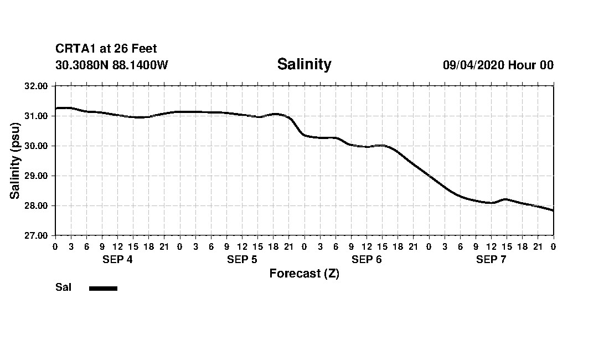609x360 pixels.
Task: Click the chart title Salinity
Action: tap(304, 64)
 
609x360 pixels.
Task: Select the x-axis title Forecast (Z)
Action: tap(304, 274)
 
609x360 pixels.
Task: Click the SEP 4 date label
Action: tap(117, 260)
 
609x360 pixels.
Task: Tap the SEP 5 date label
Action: tap(242, 260)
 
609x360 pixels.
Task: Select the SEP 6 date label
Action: tap(367, 260)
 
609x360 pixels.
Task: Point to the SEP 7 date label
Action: tap(491, 260)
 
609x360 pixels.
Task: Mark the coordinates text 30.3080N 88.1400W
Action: tap(111, 65)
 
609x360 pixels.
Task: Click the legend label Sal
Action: tap(63, 287)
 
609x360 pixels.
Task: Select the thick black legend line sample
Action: tap(103, 288)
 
